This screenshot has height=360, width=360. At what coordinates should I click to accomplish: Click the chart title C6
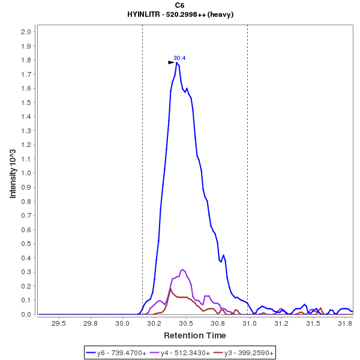[x=180, y=5]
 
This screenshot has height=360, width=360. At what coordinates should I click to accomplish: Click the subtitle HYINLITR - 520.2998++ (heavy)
[x=180, y=14]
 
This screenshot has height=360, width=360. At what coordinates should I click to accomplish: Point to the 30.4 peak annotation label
[x=179, y=58]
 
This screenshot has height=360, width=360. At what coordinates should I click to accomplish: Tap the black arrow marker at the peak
[x=172, y=62]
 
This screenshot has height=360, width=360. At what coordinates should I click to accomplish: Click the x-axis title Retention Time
[x=195, y=335]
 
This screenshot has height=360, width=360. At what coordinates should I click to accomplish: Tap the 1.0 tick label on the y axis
[x=26, y=173]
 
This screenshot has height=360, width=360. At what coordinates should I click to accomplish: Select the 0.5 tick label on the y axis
[x=26, y=244]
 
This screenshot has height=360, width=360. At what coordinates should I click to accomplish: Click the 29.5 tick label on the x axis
[x=58, y=323]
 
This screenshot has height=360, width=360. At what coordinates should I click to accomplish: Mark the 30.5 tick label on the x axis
[x=186, y=323]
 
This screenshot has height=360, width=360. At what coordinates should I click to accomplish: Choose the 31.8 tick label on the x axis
[x=345, y=323]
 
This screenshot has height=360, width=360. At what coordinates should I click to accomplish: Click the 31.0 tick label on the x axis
[x=250, y=323]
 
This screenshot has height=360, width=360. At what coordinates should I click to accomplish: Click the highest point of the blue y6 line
[x=178, y=62]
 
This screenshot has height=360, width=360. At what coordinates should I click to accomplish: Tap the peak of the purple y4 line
[x=182, y=269]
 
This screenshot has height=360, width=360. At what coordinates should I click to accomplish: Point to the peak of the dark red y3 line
[x=170, y=289]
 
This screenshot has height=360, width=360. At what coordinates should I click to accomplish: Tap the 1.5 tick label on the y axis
[x=26, y=103]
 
